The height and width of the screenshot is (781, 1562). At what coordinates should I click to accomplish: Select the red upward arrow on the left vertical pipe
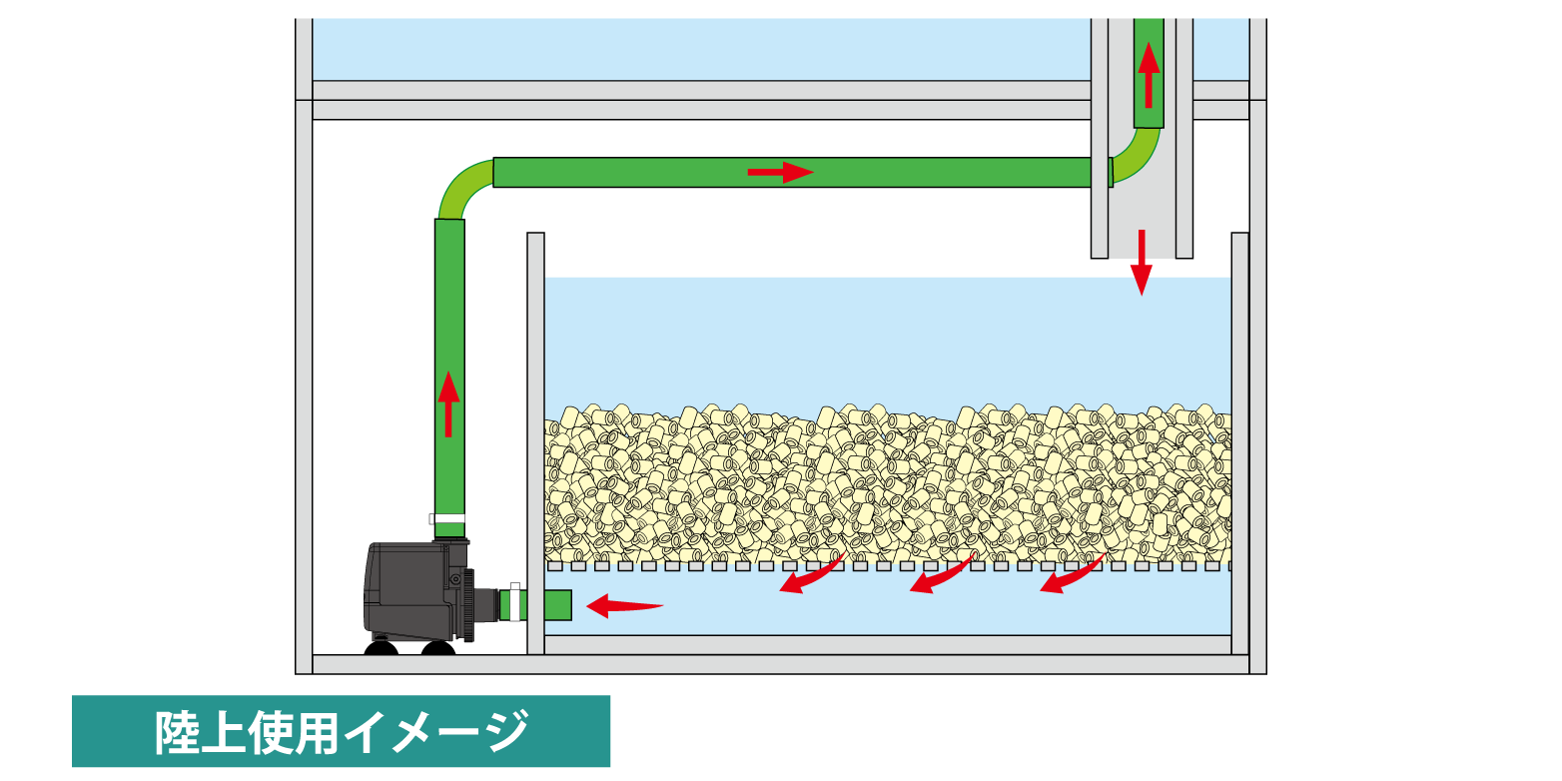[448, 404]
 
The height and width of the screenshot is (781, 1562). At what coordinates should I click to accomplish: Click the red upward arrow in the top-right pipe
[1149, 74]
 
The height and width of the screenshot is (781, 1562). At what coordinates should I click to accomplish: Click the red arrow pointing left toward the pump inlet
[623, 605]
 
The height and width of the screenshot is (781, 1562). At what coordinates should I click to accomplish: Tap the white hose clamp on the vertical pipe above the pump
[448, 518]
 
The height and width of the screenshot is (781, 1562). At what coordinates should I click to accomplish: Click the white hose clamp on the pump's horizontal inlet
[514, 602]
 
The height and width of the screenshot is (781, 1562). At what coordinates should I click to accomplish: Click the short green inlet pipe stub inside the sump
[557, 605]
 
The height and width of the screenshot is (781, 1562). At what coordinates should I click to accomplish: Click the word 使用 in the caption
[288, 732]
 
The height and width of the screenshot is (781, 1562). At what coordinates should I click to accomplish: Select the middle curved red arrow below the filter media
[940, 576]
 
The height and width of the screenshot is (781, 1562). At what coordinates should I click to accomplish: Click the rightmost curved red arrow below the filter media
[1071, 576]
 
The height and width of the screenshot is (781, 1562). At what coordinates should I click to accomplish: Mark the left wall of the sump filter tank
[535, 439]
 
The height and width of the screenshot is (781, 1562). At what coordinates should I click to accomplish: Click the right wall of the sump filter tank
[1239, 439]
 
